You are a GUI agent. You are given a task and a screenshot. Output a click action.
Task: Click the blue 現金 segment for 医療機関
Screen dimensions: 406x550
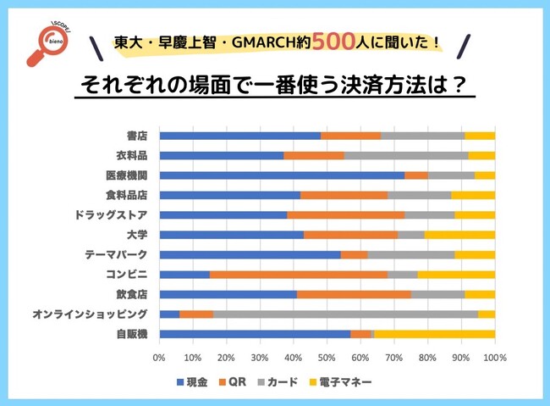(281, 175)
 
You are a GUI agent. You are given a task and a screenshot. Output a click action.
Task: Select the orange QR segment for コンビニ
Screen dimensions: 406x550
(299, 274)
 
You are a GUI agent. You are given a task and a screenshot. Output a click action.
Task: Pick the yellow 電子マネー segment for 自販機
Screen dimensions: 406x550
(434, 334)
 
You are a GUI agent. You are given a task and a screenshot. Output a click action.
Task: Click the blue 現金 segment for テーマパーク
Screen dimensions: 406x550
(250, 254)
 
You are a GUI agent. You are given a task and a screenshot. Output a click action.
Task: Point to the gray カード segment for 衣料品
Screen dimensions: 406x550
(406, 156)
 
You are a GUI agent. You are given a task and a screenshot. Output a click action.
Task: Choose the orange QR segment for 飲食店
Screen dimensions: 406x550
(354, 294)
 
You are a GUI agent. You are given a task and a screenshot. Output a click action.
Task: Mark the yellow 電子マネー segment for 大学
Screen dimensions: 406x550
(459, 235)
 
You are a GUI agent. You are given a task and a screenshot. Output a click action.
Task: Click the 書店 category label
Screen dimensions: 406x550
(137, 136)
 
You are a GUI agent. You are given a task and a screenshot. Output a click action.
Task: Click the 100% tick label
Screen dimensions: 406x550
(495, 359)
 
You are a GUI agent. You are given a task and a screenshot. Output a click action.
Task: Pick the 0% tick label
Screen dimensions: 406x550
(159, 359)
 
